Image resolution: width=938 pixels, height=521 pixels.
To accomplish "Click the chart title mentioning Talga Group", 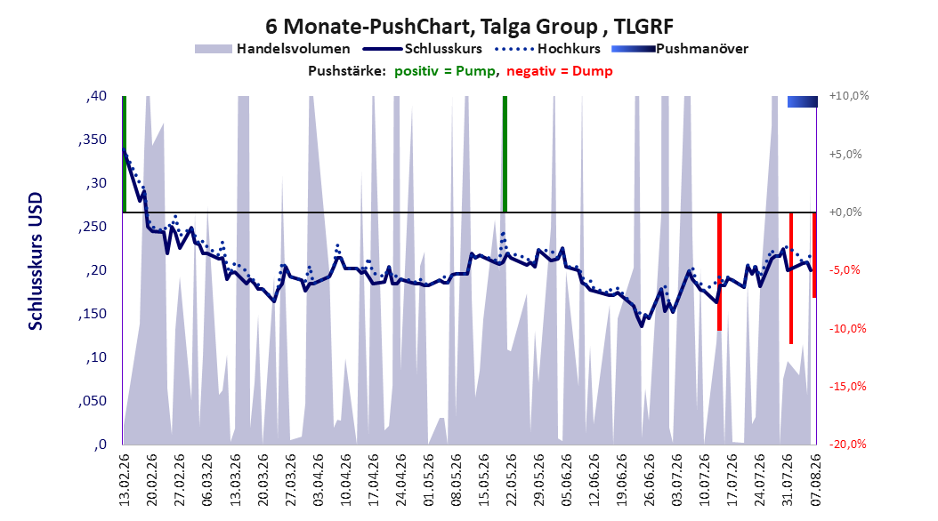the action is [x=469, y=27].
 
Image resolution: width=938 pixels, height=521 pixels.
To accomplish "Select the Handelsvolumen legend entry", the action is [x=272, y=49].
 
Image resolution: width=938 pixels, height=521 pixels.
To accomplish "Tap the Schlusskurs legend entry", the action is [x=423, y=49].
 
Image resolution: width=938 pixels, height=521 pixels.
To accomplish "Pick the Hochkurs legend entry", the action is [x=547, y=49].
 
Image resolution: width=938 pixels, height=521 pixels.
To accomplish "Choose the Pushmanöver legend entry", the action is [x=680, y=49].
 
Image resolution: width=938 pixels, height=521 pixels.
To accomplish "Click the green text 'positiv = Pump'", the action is [x=445, y=71].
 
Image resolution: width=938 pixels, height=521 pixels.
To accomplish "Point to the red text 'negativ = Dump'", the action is [x=560, y=71].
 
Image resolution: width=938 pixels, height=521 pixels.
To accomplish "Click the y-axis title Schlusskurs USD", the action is [x=36, y=261].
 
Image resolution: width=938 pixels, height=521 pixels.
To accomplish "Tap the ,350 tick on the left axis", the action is [x=93, y=140].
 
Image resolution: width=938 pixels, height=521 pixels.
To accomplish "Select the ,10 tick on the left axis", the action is [x=96, y=357].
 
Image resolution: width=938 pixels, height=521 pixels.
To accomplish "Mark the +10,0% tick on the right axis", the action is [x=849, y=96].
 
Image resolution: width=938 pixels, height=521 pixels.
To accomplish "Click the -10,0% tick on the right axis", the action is [x=847, y=329].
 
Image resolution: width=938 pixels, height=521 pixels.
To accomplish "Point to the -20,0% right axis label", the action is [x=847, y=444].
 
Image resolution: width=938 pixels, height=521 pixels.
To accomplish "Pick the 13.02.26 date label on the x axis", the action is [x=125, y=480].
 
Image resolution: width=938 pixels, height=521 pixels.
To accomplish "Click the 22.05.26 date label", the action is [x=512, y=480].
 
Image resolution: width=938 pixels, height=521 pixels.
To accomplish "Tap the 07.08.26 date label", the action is [x=815, y=480].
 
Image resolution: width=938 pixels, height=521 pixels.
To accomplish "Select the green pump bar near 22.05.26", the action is [x=505, y=154].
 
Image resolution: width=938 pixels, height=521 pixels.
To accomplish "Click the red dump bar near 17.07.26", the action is [x=720, y=271].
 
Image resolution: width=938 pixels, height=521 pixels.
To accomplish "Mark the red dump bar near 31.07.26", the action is [x=791, y=277].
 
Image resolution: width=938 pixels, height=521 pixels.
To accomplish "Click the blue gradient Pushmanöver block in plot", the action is [x=802, y=101].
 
